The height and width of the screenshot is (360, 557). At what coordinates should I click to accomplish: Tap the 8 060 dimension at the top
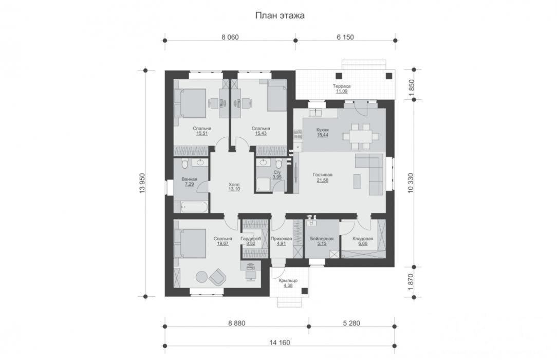click(x=230, y=37)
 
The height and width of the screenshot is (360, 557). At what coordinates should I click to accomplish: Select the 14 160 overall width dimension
click(x=280, y=343)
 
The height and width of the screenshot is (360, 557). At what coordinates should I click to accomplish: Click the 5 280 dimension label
click(x=351, y=323)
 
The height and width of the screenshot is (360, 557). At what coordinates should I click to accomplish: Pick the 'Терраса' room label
click(x=341, y=86)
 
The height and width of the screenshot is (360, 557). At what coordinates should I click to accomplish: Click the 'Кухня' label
click(x=322, y=130)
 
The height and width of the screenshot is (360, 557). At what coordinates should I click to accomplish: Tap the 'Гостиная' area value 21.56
click(x=322, y=180)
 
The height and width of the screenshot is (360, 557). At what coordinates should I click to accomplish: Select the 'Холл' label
click(x=234, y=185)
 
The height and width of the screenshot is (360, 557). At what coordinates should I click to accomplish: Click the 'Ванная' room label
click(x=189, y=179)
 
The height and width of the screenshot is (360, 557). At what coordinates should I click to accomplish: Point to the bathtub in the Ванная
click(x=194, y=207)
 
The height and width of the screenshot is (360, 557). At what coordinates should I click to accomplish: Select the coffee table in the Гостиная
click(x=357, y=181)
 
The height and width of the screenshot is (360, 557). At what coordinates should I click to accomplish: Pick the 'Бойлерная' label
click(x=322, y=239)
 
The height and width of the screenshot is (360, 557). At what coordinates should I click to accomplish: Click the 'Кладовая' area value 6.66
click(x=363, y=244)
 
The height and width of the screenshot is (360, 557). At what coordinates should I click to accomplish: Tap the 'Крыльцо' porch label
click(x=288, y=280)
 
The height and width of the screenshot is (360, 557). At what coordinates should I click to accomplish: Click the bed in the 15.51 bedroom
click(x=191, y=103)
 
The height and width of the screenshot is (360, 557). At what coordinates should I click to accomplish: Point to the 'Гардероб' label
click(x=251, y=239)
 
